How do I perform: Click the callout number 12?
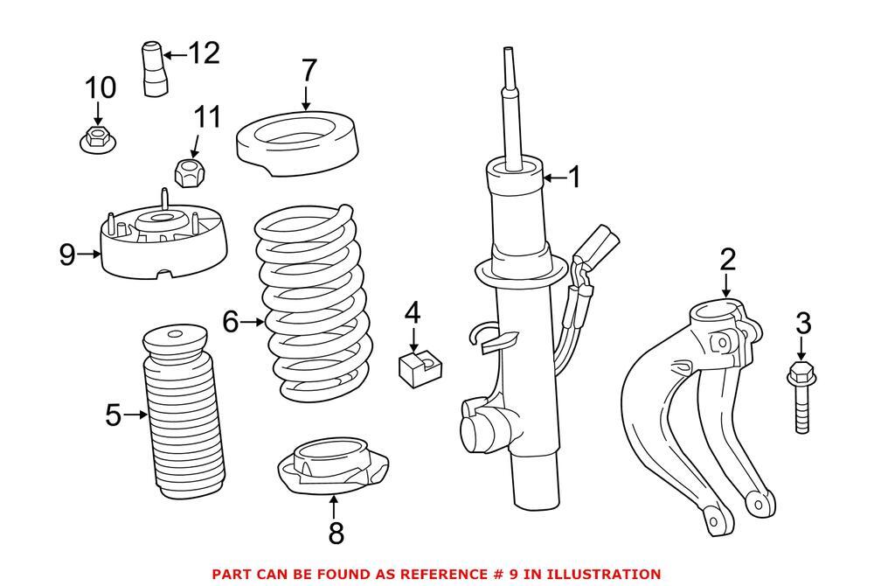coord(205,53)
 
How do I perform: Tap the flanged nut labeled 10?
coord(97,138)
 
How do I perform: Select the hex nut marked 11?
coord(189,172)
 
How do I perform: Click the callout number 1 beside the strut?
coord(574,178)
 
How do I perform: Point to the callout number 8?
coord(336,533)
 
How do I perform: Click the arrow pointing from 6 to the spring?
coord(252,323)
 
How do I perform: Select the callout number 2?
coord(728,260)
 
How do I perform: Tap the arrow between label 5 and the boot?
coord(135,415)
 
